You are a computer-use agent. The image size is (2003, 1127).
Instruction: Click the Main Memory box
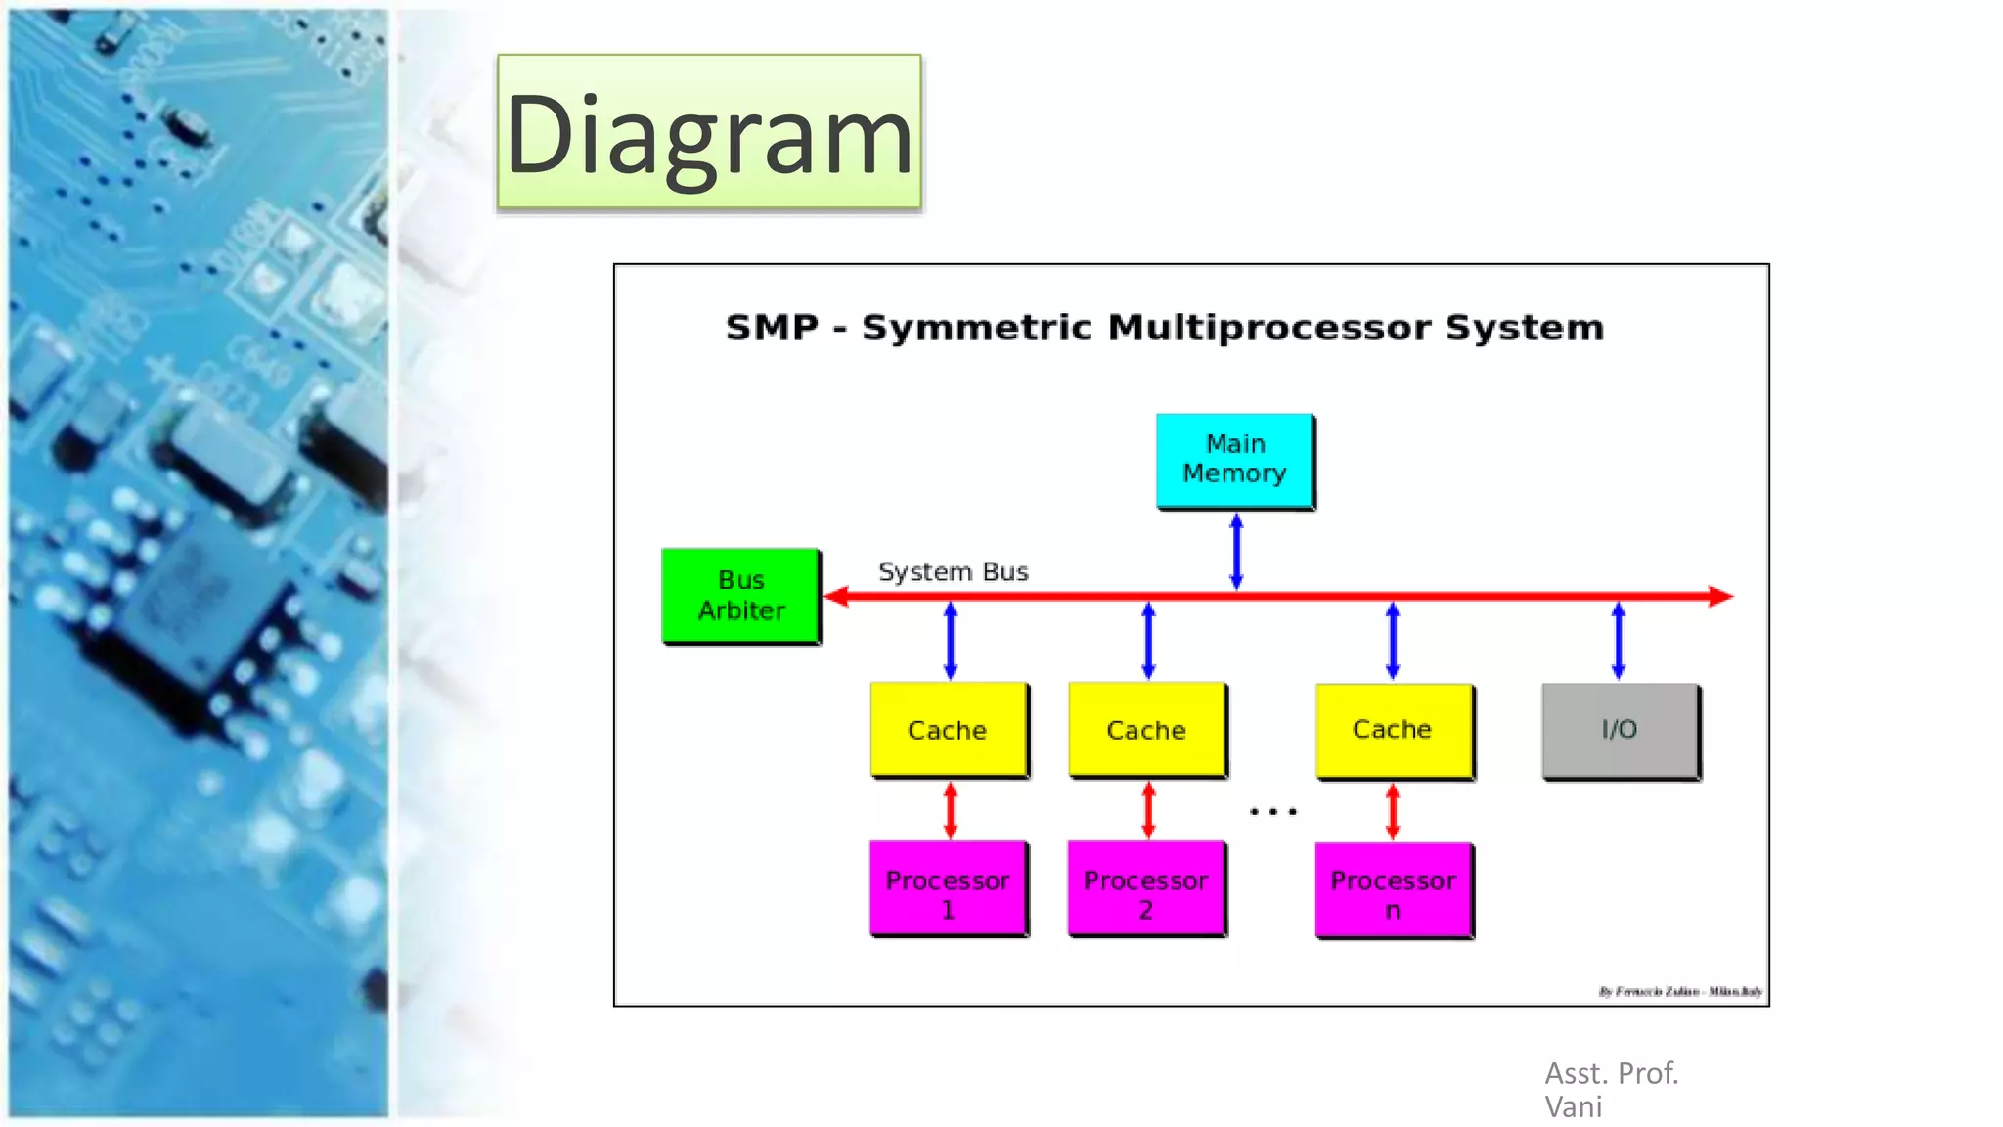(1234, 460)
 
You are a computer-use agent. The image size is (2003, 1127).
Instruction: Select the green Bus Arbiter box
(740, 595)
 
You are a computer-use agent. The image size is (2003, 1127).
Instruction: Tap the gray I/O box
(1620, 730)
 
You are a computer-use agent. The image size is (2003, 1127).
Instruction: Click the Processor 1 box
(948, 889)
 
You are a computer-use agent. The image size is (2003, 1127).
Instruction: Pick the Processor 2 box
(1145, 889)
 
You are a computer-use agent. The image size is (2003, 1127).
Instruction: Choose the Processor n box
(1393, 890)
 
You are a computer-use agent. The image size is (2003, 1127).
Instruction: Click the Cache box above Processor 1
(948, 730)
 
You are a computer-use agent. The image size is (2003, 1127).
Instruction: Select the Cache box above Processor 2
(1146, 730)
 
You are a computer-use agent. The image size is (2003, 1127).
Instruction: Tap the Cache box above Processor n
(1393, 730)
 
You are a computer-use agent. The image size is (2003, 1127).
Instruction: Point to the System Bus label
(953, 571)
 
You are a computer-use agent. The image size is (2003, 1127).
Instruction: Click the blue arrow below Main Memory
(1236, 552)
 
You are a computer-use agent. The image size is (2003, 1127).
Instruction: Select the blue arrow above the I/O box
(1618, 641)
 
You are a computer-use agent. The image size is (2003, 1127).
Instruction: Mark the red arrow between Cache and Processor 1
(950, 810)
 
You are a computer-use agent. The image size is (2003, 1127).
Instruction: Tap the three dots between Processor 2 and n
(1272, 811)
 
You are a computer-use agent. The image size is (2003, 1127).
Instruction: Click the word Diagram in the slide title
(709, 135)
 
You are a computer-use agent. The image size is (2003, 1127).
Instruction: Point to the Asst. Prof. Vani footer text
(1611, 1090)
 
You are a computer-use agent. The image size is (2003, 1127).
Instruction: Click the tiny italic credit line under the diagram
(1679, 991)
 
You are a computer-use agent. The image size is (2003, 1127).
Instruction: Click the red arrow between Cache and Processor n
(1393, 812)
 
